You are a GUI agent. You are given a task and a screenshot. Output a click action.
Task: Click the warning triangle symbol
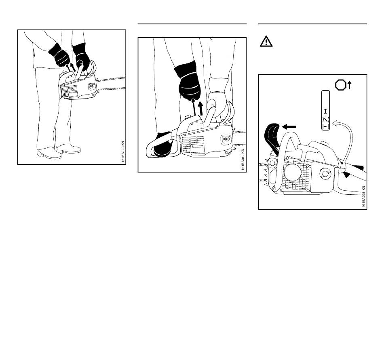pyautogui.click(x=266, y=42)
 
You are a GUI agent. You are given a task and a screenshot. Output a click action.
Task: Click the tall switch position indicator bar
pyautogui.click(x=325, y=110)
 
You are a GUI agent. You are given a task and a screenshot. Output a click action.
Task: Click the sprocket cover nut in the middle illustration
pyautogui.click(x=225, y=140)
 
